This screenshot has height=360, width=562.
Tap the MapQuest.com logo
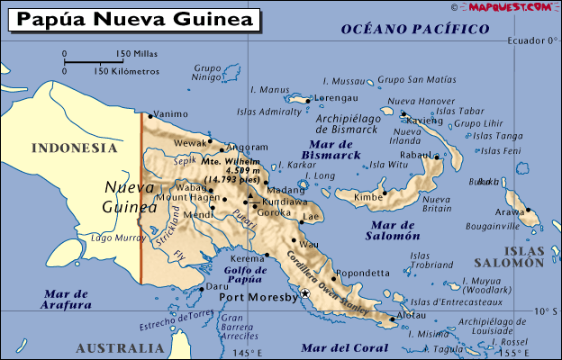click(x=509, y=7)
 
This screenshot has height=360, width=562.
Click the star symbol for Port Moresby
click(x=305, y=293)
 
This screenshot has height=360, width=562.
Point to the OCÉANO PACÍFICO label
click(x=415, y=30)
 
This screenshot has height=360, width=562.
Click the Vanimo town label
click(x=171, y=114)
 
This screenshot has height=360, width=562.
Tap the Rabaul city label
click(x=415, y=155)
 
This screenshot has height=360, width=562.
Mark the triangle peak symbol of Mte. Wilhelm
click(x=249, y=193)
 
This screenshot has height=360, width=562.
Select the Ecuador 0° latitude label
click(x=532, y=40)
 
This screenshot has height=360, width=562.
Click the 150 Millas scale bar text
click(x=137, y=54)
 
